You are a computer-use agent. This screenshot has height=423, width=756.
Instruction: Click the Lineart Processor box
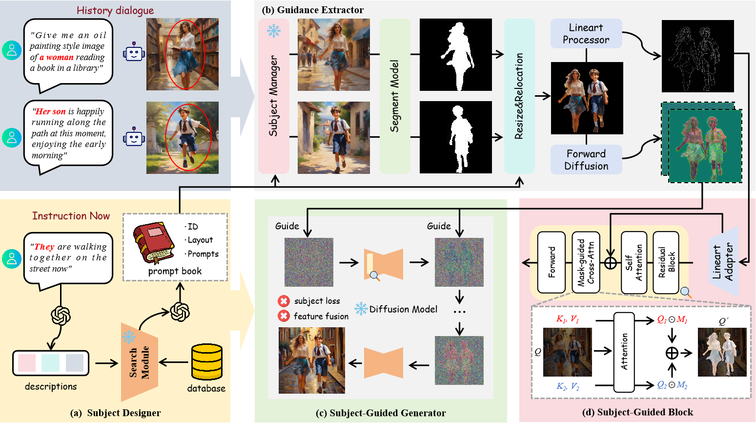586,34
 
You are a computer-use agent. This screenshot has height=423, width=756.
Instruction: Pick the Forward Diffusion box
586,160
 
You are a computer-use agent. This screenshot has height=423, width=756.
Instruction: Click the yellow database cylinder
207,362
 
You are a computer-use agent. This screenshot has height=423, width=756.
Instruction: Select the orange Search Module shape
139,362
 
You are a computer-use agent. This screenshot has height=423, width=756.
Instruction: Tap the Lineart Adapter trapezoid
723,262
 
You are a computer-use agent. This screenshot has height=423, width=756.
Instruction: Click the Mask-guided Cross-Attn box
586,262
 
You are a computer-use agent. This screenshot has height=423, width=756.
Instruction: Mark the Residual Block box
666,262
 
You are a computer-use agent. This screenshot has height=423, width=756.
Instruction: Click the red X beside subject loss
284,301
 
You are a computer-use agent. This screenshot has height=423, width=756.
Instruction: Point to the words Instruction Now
71,216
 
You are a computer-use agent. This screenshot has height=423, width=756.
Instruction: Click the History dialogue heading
115,10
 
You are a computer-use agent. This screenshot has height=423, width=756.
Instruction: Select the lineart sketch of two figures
697,56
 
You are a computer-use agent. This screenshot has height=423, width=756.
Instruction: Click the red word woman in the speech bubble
60,57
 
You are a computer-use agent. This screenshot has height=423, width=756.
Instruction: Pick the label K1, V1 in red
567,319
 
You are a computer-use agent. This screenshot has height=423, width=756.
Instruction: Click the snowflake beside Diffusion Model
361,309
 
